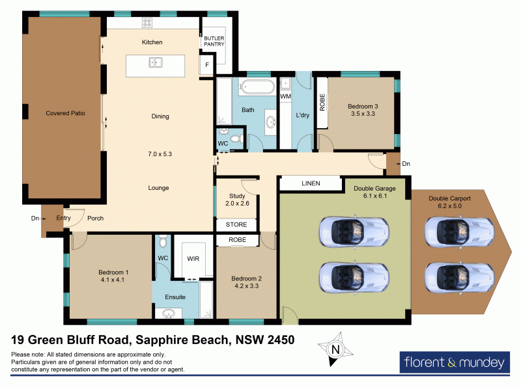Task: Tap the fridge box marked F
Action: [207, 66]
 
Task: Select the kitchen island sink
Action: [156, 63]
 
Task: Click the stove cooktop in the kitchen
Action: [147, 23]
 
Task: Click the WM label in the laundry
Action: [285, 97]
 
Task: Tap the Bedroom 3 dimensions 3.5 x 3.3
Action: [362, 114]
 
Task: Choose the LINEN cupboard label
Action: [311, 184]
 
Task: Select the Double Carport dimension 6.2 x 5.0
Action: [450, 206]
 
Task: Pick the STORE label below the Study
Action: [236, 225]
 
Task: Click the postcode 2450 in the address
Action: [279, 339]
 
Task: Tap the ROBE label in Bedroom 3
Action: [322, 103]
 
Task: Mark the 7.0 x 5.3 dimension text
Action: [160, 154]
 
